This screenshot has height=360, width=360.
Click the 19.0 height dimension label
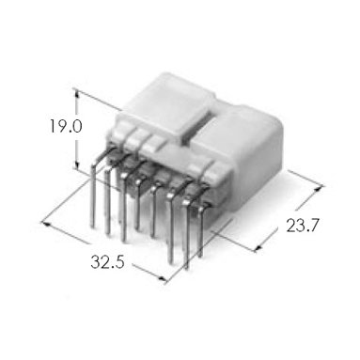pos(66,126)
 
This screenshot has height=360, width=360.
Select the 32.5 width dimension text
pos(107,262)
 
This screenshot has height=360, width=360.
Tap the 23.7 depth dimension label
pos(303,226)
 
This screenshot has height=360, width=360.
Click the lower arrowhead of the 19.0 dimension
pos(77,164)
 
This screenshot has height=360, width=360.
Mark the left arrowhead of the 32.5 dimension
pos(46,223)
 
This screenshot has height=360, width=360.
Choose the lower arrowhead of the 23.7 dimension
pos(258,247)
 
